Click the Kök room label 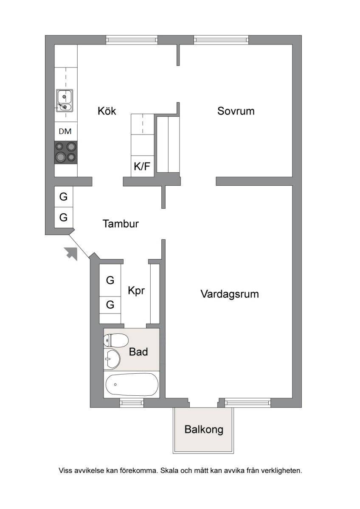click(x=107, y=111)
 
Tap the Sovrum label click(x=236, y=111)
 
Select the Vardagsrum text click(x=230, y=294)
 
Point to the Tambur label click(x=121, y=224)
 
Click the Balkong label click(x=204, y=430)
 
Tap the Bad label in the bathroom click(x=138, y=352)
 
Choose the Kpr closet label click(x=136, y=291)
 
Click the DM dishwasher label click(x=65, y=131)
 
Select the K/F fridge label click(x=142, y=166)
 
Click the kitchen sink click(x=65, y=101)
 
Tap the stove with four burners click(x=66, y=152)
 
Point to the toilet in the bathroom click(x=116, y=340)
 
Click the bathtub click(x=132, y=384)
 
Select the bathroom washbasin click(x=112, y=359)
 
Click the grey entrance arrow click(x=71, y=253)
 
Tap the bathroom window click(x=132, y=403)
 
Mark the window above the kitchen click(x=132, y=40)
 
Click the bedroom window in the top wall click(x=221, y=40)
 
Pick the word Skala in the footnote click(x=169, y=470)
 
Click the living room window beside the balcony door click(x=247, y=403)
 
